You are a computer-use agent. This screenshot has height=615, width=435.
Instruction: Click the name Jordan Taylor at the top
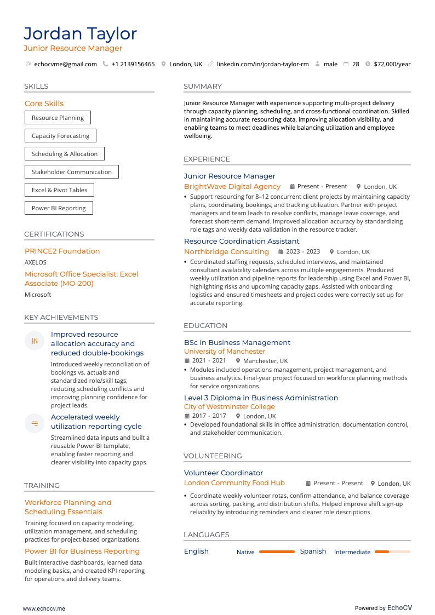tap(80, 34)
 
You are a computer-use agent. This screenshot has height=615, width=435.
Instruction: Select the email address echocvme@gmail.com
tap(65, 64)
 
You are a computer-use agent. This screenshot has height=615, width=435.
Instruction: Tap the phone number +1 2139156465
tap(133, 64)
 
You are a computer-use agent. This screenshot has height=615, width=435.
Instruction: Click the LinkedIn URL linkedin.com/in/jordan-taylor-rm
tap(262, 64)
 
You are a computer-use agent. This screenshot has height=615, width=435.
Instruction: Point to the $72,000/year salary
tap(392, 64)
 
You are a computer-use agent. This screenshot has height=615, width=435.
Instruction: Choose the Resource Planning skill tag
tap(58, 118)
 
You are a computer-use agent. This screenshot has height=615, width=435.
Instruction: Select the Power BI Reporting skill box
tap(59, 208)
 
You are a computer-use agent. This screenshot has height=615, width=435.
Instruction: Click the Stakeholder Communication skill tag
tap(71, 172)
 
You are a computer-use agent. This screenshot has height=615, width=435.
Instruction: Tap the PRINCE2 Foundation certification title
tap(62, 251)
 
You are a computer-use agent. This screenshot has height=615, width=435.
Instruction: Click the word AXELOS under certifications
tap(36, 262)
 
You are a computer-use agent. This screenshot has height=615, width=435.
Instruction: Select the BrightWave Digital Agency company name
tap(232, 187)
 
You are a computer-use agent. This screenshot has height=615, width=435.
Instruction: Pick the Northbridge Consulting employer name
tap(226, 252)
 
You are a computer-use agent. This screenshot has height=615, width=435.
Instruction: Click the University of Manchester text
tap(225, 352)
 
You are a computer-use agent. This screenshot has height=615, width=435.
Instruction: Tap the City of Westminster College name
tap(230, 407)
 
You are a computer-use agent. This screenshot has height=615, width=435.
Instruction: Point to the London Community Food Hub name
tap(234, 483)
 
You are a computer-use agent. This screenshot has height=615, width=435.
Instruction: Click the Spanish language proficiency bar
tap(392, 552)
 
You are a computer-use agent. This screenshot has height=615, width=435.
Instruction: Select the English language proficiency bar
tap(277, 552)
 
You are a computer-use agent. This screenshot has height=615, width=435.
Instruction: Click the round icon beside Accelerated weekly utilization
tap(35, 423)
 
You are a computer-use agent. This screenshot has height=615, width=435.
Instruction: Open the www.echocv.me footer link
tap(44, 608)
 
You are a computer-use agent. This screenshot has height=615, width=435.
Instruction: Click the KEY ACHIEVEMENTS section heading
tap(61, 318)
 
